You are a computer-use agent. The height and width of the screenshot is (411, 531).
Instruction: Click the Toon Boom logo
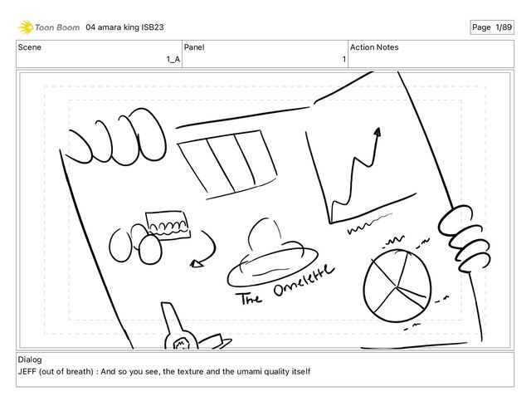[49, 27]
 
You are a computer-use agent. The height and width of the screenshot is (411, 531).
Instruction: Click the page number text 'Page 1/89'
[492, 27]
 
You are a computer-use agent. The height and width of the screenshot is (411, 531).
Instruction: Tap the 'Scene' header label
[31, 47]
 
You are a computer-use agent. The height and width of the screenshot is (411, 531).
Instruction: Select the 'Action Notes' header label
[374, 47]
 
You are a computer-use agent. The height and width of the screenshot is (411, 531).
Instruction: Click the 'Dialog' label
[30, 360]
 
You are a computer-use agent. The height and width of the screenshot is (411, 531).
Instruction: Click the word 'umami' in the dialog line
[238, 371]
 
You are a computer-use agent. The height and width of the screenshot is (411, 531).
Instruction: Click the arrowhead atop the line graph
[378, 131]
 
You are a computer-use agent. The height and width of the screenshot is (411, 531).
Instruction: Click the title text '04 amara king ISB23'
[124, 27]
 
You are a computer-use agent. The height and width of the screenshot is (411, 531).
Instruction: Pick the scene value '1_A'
[173, 59]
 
